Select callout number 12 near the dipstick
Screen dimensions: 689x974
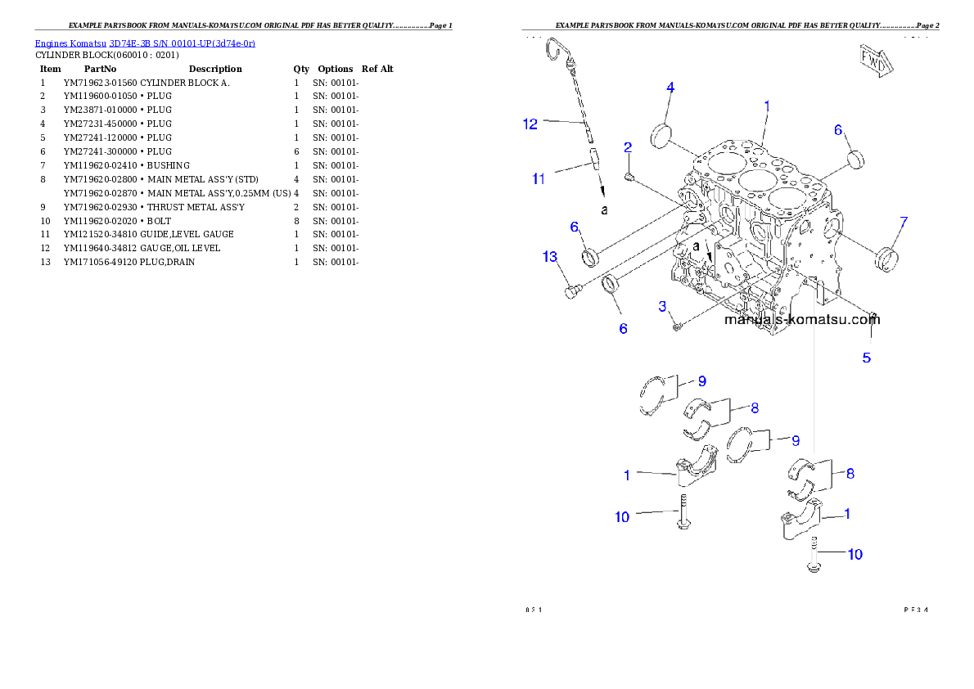[x=530, y=124]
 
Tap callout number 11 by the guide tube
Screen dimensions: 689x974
[x=539, y=178]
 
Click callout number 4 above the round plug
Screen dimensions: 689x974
[x=670, y=88]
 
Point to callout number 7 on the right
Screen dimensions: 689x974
[x=904, y=222]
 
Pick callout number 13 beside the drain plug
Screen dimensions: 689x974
[x=550, y=257]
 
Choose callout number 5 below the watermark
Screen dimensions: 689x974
[x=866, y=358]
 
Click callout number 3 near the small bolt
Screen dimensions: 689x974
[x=664, y=306]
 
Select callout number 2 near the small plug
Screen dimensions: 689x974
[x=628, y=148]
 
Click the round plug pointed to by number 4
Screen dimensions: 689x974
[x=661, y=135]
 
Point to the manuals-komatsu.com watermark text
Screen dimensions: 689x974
[x=801, y=320]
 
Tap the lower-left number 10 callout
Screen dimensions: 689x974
[x=623, y=516]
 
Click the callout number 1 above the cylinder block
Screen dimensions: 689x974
[x=767, y=106]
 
